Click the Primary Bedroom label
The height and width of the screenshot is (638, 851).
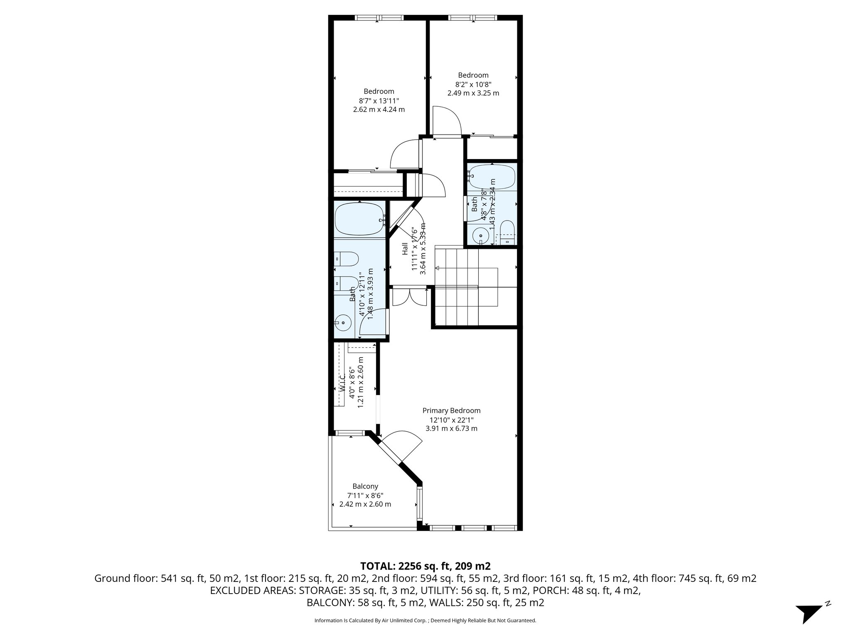click(x=451, y=410)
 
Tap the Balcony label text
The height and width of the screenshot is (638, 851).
click(x=365, y=486)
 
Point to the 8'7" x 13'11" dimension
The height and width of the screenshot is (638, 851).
click(x=379, y=101)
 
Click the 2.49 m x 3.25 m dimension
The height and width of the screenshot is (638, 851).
click(x=473, y=93)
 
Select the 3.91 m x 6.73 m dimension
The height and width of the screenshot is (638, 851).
click(x=451, y=428)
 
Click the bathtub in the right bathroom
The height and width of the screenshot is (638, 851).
click(x=492, y=177)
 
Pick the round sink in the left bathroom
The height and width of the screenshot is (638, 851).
click(x=343, y=322)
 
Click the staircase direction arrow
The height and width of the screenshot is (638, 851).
click(x=437, y=268)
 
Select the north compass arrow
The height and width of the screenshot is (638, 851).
click(x=809, y=613)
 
